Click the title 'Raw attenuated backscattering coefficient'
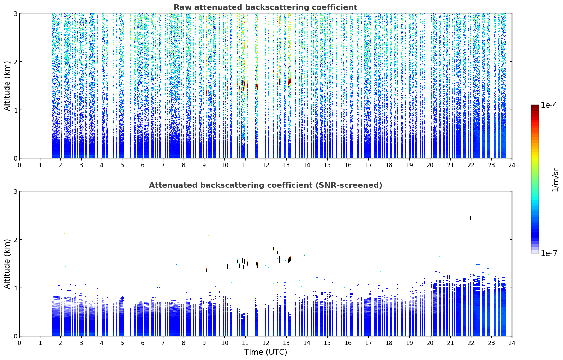[265, 7]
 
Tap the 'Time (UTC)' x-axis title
[265, 352]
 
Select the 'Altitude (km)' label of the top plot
[7, 86]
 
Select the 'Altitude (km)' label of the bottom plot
[7, 264]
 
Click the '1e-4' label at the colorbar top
[549, 105]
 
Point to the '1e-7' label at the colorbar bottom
[549, 253]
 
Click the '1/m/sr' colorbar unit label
[555, 180]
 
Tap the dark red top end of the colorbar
[535, 106]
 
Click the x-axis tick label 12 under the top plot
[266, 165]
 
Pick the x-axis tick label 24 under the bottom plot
[512, 343]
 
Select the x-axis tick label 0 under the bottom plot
[20, 343]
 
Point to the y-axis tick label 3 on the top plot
[15, 13]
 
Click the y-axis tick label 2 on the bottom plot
[15, 240]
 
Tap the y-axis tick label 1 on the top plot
[15, 110]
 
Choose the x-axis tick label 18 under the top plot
[389, 165]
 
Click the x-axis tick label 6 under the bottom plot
[143, 343]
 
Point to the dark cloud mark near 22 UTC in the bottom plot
[470, 217]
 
